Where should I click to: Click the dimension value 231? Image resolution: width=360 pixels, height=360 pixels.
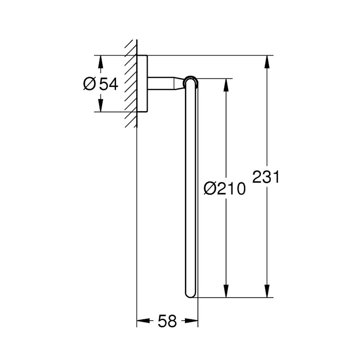click(266, 177)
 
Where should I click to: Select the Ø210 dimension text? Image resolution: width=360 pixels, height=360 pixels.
click(224, 188)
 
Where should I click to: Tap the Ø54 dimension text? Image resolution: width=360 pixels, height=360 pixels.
click(101, 84)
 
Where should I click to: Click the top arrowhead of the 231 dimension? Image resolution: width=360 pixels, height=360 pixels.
click(267, 61)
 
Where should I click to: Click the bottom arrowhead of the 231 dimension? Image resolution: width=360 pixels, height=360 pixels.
click(267, 291)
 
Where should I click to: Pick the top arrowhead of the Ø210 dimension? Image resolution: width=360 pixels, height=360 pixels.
click(226, 85)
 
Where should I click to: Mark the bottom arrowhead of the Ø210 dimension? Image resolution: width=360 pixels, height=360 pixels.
click(226, 291)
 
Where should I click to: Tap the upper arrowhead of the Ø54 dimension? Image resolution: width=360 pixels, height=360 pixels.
click(100, 61)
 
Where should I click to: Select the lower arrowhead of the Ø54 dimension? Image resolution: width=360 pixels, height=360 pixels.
click(100, 106)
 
